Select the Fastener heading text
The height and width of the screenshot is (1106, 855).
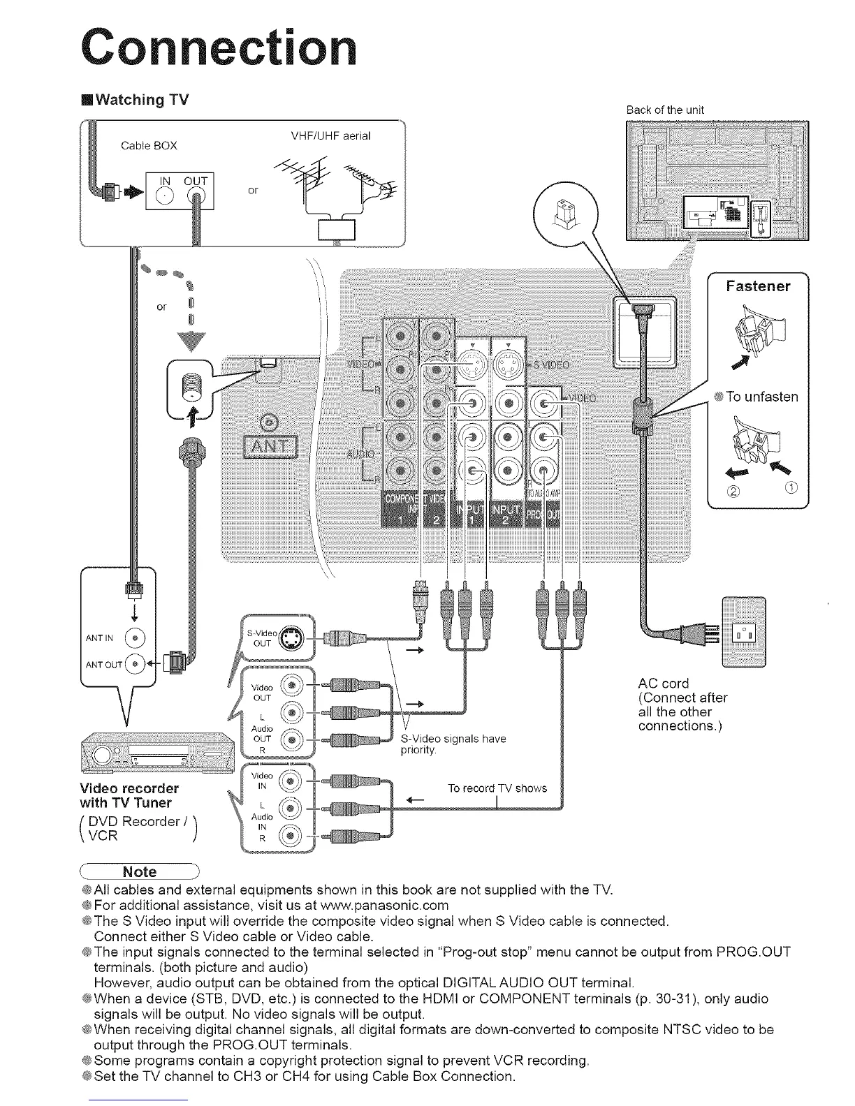[x=758, y=286]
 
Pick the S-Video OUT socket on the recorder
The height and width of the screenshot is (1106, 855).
[x=288, y=639]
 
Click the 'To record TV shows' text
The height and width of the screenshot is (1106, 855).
[x=497, y=788]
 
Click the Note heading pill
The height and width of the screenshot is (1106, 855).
[x=140, y=871]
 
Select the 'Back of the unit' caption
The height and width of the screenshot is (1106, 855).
[x=665, y=110]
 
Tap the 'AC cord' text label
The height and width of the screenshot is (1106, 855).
[x=664, y=683]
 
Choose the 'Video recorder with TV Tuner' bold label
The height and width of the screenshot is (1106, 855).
[x=131, y=795]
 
